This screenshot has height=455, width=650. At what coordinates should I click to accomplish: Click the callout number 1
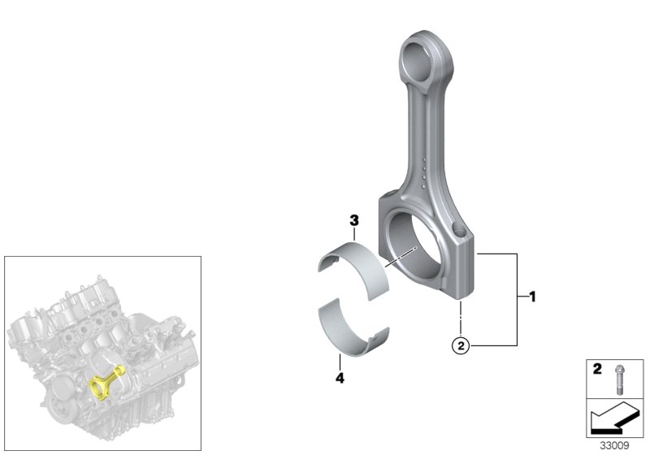pos(533,297)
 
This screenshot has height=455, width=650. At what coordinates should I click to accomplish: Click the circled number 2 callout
pos(461,346)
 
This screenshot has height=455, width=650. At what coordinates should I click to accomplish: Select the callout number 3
pos(354,221)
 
